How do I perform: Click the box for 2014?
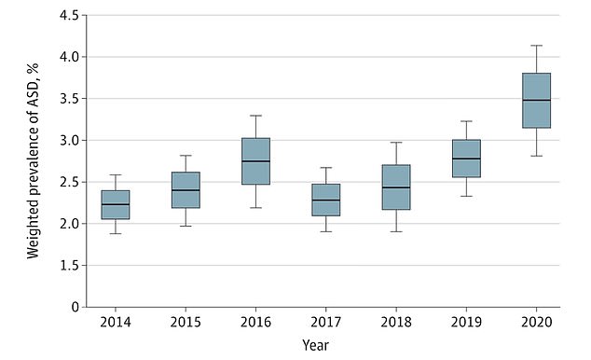click(x=116, y=204)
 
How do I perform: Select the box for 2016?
click(x=255, y=161)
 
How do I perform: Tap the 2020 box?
click(x=536, y=100)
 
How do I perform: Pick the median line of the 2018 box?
click(x=396, y=187)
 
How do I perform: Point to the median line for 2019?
click(x=466, y=159)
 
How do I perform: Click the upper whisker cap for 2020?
click(x=536, y=46)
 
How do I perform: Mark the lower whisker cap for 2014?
click(x=116, y=233)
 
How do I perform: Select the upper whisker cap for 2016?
click(x=255, y=116)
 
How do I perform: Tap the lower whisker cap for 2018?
click(x=396, y=231)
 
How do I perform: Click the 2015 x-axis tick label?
click(x=186, y=322)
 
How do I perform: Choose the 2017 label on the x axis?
click(x=325, y=322)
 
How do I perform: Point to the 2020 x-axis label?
click(x=536, y=322)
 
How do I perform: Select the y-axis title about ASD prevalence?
click(x=34, y=160)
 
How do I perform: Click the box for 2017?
click(x=325, y=200)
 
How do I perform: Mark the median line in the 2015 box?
click(x=186, y=190)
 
